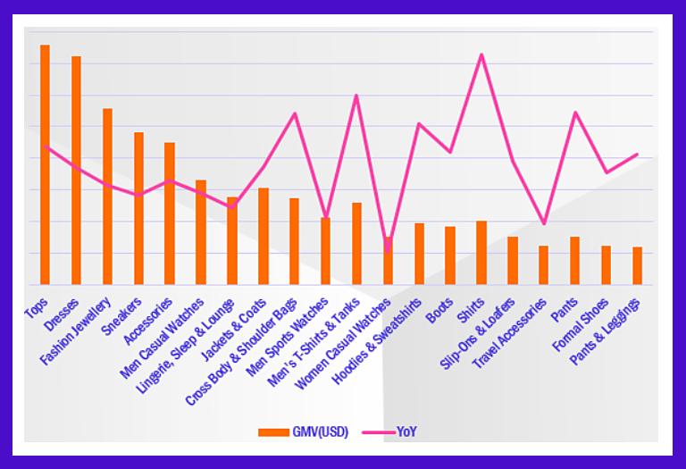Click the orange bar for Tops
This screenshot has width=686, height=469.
coord(45,165)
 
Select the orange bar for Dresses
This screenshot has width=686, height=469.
coord(76,171)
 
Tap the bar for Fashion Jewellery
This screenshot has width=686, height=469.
coord(107,197)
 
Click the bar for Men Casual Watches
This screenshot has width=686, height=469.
coord(201,232)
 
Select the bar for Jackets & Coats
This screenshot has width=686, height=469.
coord(264,236)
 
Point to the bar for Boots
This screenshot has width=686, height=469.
coord(450,255)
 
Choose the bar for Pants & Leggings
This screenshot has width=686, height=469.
coord(637,265)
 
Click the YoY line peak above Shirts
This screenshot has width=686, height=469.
coord(481,55)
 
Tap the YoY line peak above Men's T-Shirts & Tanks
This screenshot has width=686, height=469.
coord(356,96)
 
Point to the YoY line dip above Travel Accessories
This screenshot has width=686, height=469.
coord(543,223)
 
